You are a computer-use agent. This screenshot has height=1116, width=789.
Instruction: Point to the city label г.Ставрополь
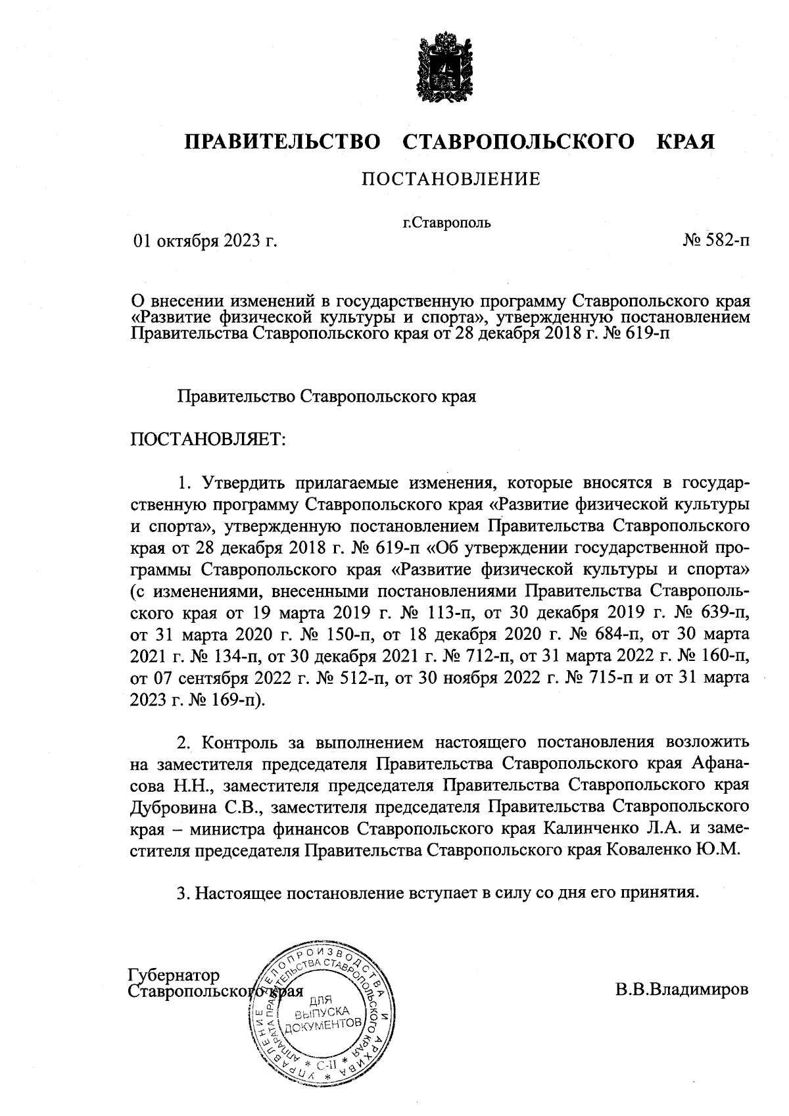[446, 222]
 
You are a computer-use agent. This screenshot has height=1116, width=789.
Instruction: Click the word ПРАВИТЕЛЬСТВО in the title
[282, 142]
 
